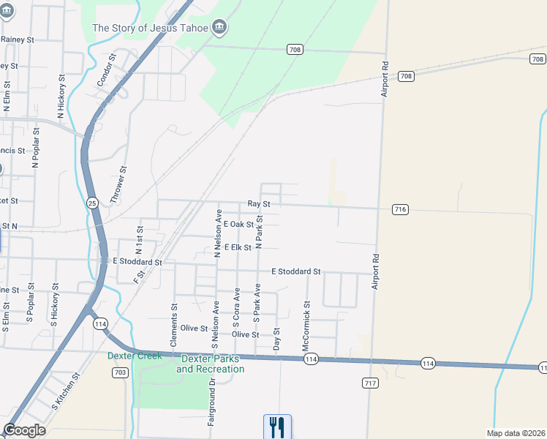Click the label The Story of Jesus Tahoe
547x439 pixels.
(151, 28)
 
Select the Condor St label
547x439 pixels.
(107, 70)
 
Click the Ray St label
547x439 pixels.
(259, 204)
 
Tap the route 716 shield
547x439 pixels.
(399, 209)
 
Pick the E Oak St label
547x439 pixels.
(238, 225)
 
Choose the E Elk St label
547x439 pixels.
(238, 247)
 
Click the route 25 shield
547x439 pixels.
(92, 203)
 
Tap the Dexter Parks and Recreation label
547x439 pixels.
(211, 364)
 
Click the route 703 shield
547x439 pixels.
(121, 372)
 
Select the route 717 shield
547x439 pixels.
(369, 383)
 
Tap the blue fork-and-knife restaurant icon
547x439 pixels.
(277, 426)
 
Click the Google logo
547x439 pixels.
(24, 430)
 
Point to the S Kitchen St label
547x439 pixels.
(64, 394)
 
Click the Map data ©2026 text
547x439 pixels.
(516, 433)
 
